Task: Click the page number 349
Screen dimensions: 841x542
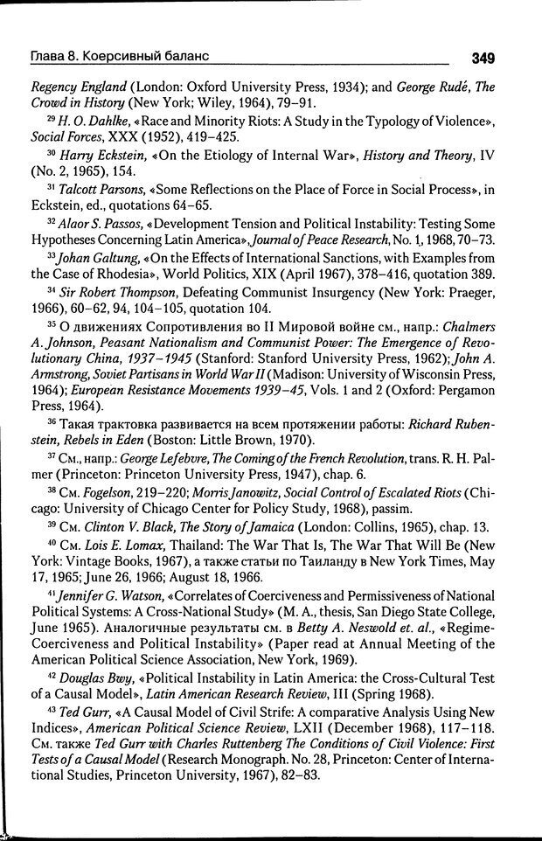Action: tap(482, 59)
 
